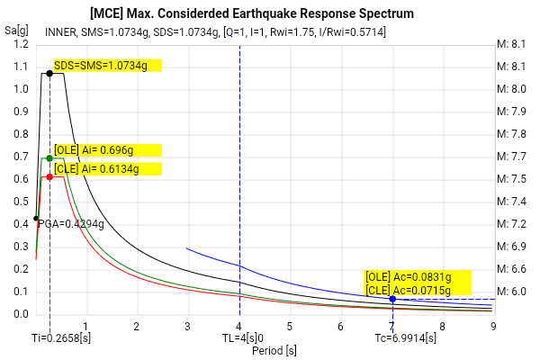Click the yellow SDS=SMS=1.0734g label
pyautogui.click(x=107, y=65)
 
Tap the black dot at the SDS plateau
pyautogui.click(x=49, y=73)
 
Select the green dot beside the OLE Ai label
pyautogui.click(x=49, y=158)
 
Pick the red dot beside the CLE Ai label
pyautogui.click(x=49, y=176)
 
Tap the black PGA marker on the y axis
pyautogui.click(x=36, y=218)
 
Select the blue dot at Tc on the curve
pyautogui.click(x=392, y=299)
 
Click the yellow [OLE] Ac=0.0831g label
pyautogui.click(x=407, y=276)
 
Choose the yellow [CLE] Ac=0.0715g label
pyautogui.click(x=407, y=289)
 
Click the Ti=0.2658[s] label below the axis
pyautogui.click(x=60, y=337)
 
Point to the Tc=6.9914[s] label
pyautogui.click(x=406, y=337)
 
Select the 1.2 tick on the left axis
pyautogui.click(x=22, y=44)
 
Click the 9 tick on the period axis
pyautogui.click(x=493, y=326)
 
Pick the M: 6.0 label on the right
pyautogui.click(x=512, y=292)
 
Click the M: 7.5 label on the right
pyautogui.click(x=512, y=179)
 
